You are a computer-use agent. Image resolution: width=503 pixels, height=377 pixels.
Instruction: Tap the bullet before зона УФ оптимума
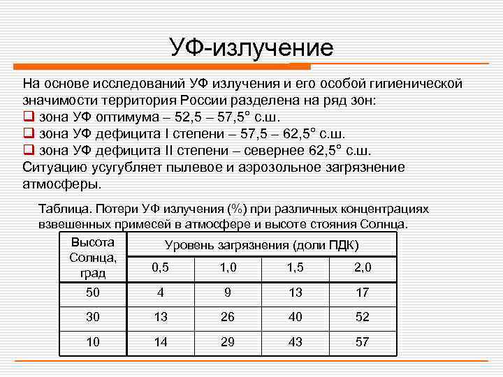pyautogui.click(x=28, y=117)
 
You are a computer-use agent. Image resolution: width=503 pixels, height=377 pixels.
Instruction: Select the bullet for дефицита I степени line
pyautogui.click(x=28, y=133)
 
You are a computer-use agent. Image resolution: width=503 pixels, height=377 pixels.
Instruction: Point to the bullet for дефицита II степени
pyautogui.click(x=28, y=150)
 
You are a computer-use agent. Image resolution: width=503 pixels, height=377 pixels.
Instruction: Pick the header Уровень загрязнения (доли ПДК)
pyautogui.click(x=261, y=245)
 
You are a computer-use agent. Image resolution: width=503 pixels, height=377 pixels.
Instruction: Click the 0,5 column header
pyautogui.click(x=160, y=267)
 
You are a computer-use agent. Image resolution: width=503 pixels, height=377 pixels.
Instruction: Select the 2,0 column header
pyautogui.click(x=363, y=267)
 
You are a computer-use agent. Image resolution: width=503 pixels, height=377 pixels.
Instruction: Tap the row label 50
pyautogui.click(x=93, y=293)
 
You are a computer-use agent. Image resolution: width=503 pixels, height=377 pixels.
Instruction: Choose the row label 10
pyautogui.click(x=93, y=341)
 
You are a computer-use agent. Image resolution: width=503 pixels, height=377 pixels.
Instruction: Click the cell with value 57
pyautogui.click(x=363, y=341)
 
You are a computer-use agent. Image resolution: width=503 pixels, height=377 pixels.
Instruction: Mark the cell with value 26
pyautogui.click(x=228, y=317)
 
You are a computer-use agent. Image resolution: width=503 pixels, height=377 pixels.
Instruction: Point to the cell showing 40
pyautogui.click(x=295, y=317)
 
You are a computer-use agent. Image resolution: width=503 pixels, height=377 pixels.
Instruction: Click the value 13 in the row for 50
pyautogui.click(x=295, y=293)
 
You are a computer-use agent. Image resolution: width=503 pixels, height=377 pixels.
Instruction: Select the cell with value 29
pyautogui.click(x=228, y=341)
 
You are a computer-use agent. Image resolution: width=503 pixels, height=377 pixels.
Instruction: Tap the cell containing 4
pyautogui.click(x=160, y=293)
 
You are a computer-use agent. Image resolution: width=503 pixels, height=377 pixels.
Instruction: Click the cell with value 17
pyautogui.click(x=363, y=293)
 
